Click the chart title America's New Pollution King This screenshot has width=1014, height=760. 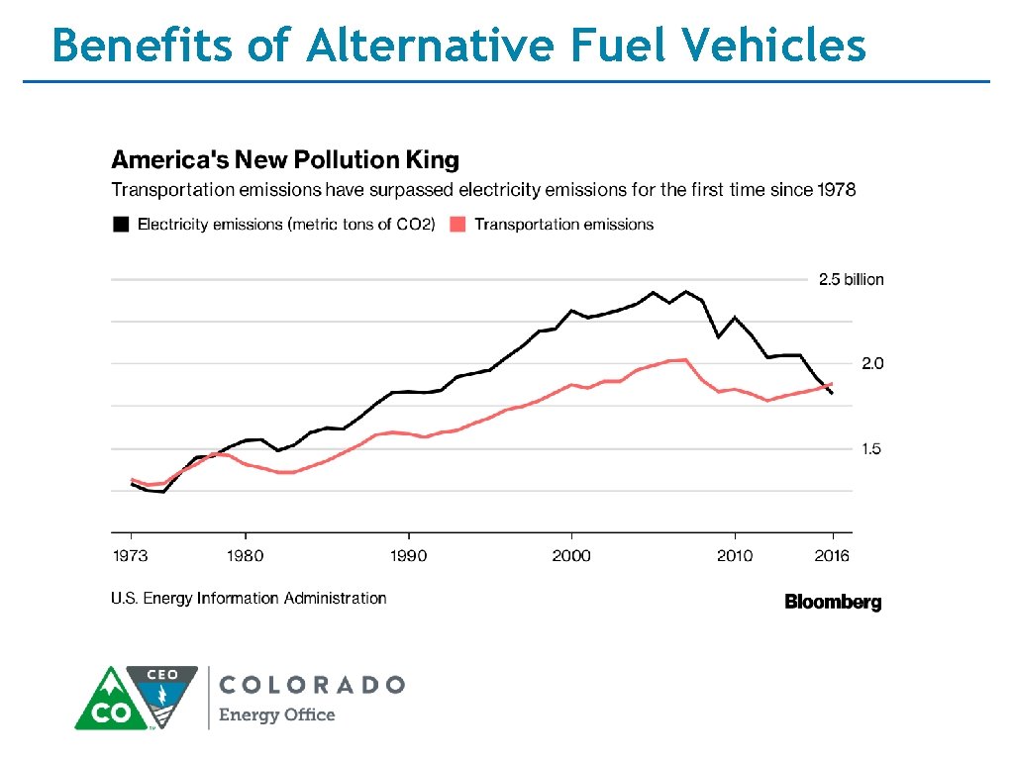(284, 160)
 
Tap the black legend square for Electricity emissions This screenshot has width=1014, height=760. (120, 225)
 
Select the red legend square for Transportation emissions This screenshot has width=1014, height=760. (457, 225)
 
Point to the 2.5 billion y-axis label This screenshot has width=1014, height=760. (851, 280)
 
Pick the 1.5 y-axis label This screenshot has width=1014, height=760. (871, 449)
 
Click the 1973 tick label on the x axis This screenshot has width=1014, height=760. (130, 556)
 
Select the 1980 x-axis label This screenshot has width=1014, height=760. (246, 556)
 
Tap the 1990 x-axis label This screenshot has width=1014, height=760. (408, 556)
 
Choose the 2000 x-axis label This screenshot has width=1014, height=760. (571, 556)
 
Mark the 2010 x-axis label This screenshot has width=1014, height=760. (734, 556)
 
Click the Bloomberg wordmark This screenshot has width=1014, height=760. (833, 603)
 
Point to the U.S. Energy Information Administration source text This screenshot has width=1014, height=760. (249, 599)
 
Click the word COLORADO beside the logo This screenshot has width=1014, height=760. (311, 685)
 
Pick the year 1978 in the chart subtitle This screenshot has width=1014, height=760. (831, 190)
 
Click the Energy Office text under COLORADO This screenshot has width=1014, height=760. (276, 715)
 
